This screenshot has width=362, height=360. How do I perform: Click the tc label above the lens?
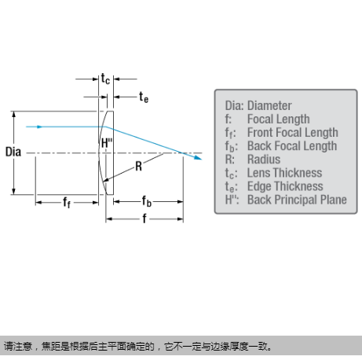point(105,79)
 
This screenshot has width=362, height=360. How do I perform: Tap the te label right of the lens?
point(144,97)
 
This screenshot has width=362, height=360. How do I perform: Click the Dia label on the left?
point(13,152)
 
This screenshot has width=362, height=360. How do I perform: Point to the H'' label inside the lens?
point(107,143)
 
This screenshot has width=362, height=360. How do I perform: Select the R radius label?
point(138,166)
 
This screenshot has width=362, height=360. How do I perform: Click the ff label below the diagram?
point(67,202)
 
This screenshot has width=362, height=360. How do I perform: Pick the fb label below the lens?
point(147,201)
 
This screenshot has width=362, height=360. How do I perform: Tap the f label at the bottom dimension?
point(144,219)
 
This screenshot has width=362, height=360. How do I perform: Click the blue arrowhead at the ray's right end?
point(198,157)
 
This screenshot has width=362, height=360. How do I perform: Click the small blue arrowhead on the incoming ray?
point(39,127)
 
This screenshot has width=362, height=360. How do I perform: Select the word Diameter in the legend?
point(269,106)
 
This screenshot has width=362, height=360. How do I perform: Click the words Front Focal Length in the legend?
point(293,133)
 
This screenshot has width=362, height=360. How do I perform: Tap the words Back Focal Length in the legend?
point(292,146)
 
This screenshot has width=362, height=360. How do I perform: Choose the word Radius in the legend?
point(264,160)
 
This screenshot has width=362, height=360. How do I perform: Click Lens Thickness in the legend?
point(285,173)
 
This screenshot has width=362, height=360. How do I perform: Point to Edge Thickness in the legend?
point(285,186)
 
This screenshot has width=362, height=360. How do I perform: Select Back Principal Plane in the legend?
point(297,200)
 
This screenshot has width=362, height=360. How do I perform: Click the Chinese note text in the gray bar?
point(138,347)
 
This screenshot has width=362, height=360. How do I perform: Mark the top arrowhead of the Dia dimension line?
point(14,114)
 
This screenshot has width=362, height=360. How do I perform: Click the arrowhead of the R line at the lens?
point(105,180)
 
